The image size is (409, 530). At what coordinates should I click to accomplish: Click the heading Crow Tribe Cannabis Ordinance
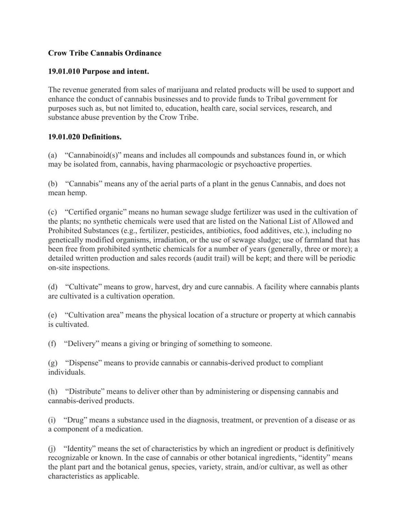tap(105, 53)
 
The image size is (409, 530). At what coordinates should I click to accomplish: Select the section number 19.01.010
tap(64, 72)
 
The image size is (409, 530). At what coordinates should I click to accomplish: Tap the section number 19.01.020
tap(64, 137)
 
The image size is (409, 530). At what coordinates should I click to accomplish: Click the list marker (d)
tap(52, 287)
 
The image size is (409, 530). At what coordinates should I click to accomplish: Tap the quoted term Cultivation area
tap(93, 315)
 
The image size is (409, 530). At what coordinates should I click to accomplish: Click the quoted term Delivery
tap(81, 344)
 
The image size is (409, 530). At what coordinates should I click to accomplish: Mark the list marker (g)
tap(52, 363)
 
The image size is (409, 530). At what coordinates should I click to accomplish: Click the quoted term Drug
tap(75, 420)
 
